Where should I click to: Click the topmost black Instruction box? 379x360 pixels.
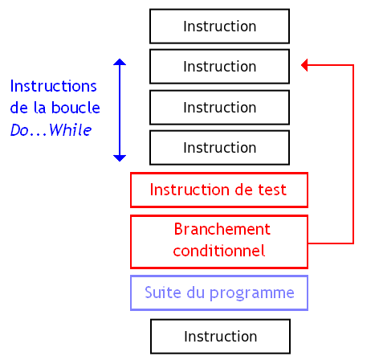[x=219, y=27]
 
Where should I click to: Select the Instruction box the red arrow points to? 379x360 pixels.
[x=219, y=67]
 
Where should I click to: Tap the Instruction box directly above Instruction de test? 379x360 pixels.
[x=219, y=148]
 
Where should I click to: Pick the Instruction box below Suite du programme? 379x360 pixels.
[x=219, y=336]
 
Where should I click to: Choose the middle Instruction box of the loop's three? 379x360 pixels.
[x=219, y=108]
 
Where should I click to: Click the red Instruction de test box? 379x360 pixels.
[x=219, y=190]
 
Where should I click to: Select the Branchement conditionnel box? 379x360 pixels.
[x=219, y=241]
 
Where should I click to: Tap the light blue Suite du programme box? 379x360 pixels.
[x=219, y=292]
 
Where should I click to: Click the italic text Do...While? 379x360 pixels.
[x=51, y=129]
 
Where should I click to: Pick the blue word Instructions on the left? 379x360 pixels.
[x=53, y=86]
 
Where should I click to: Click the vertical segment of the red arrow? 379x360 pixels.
[x=353, y=153]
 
